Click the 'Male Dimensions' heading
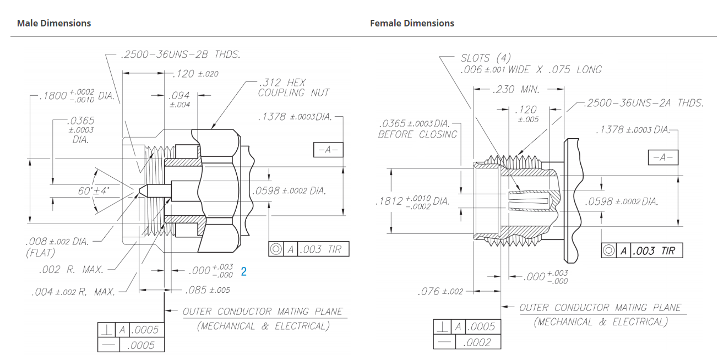tap(54, 23)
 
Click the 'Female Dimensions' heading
tap(412, 23)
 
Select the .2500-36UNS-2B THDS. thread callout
tap(180, 55)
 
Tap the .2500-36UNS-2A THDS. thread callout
tap(644, 103)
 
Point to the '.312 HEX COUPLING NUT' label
tap(293, 88)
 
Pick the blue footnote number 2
tap(243, 271)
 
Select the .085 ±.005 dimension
tap(208, 290)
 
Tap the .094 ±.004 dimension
tap(179, 100)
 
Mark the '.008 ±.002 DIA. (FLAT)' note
tap(57, 247)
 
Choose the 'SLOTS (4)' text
tap(486, 58)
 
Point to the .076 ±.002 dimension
tap(440, 291)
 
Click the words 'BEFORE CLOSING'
tap(417, 134)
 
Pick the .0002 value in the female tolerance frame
tap(477, 342)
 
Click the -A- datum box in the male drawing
tap(328, 150)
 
